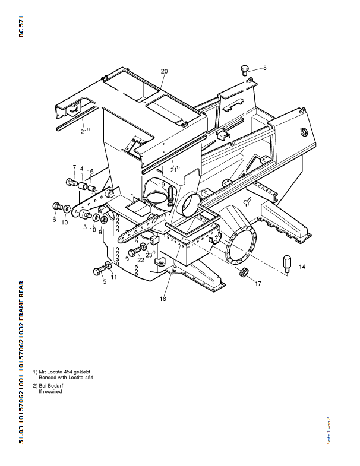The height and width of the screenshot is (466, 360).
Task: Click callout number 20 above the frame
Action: click(x=164, y=71)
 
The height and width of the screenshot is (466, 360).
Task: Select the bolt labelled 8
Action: click(x=245, y=70)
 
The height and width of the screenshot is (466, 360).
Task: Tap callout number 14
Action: click(x=302, y=267)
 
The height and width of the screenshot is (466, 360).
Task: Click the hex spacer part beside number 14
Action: click(x=286, y=264)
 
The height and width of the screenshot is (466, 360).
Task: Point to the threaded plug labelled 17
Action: click(x=244, y=272)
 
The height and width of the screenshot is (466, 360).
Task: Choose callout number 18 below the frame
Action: click(x=163, y=299)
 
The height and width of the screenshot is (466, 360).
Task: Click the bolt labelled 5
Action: click(x=99, y=271)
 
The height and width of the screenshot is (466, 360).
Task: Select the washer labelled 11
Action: click(x=109, y=265)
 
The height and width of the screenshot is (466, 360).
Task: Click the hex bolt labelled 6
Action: click(x=57, y=205)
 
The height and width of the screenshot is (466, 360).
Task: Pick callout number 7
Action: click(x=74, y=167)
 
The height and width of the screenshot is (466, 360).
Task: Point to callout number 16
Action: click(x=90, y=172)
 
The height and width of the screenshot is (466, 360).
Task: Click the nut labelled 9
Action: click(x=104, y=220)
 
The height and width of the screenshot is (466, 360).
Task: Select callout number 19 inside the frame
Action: click(x=162, y=185)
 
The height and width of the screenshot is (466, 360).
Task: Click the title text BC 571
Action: click(x=21, y=26)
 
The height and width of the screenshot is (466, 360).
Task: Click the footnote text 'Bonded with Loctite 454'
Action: click(x=66, y=378)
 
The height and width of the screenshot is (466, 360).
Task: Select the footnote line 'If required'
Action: click(x=50, y=392)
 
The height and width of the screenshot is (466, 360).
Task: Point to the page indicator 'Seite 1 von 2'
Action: click(x=329, y=430)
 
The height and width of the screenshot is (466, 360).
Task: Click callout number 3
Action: click(x=85, y=227)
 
